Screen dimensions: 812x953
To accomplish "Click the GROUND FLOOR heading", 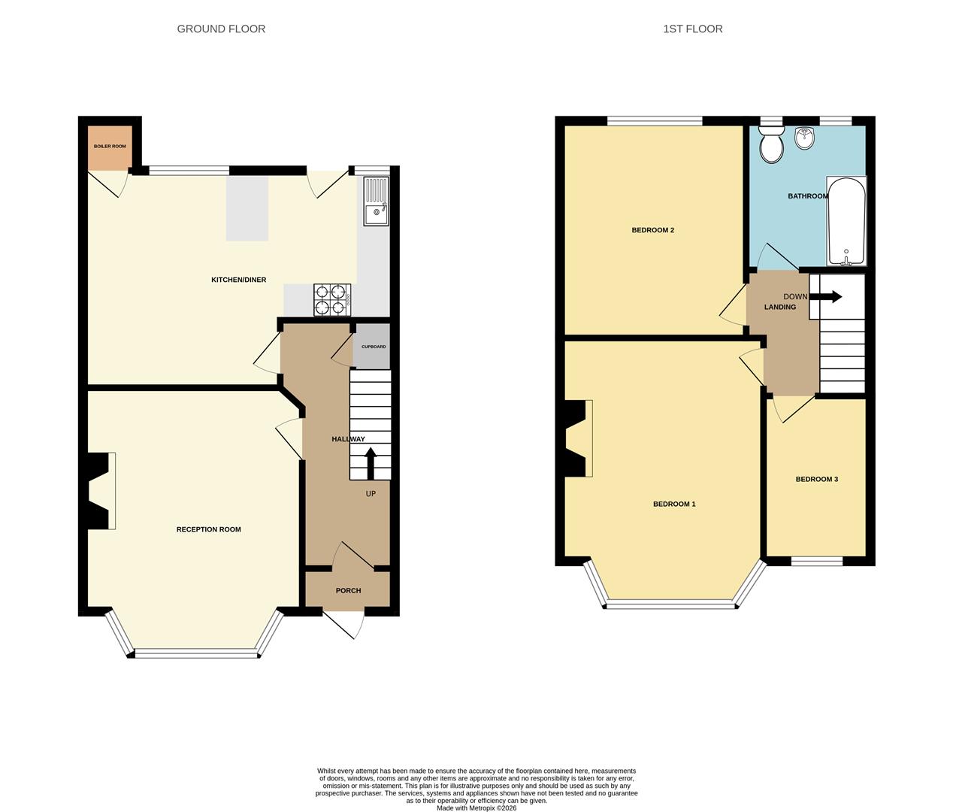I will (221, 29).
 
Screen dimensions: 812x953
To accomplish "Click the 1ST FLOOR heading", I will (692, 29).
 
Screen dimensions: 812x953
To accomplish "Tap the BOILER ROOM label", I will (110, 147).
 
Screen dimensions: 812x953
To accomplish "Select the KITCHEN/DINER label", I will (238, 280).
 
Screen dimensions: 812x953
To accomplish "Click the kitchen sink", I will (377, 201).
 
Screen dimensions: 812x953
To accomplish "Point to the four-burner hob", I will (332, 299).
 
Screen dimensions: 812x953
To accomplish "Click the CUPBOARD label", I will (374, 347).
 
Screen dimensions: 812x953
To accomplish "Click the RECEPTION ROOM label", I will (209, 529).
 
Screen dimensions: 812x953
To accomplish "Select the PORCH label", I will (348, 591).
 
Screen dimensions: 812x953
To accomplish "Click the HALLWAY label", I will (348, 439).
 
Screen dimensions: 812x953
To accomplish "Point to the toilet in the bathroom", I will (771, 144).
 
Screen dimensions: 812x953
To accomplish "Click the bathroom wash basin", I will (805, 138).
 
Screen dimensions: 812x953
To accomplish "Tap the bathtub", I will (846, 221).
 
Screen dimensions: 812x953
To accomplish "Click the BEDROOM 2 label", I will (652, 230).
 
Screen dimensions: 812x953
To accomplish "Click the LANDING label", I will (780, 307).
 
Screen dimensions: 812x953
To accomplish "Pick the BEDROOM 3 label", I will (816, 480).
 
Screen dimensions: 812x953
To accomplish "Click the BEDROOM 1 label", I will (674, 504).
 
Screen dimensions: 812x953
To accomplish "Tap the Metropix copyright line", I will (476, 807).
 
